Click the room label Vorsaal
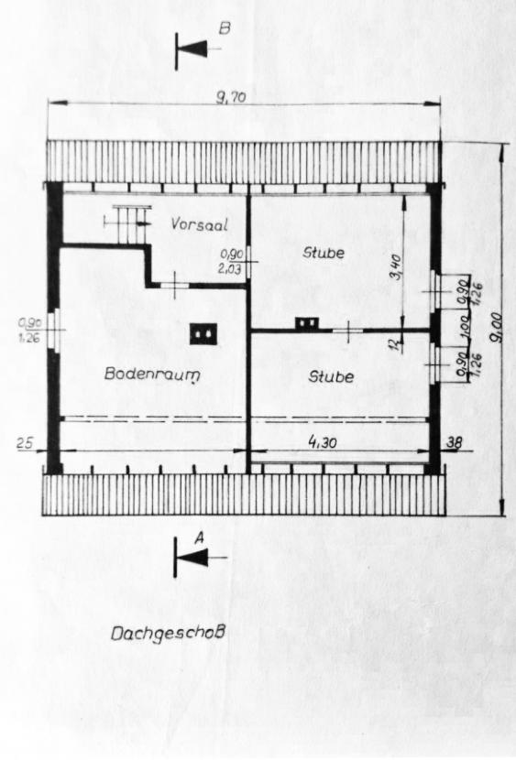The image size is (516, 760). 199,224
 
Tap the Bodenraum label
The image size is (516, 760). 152,375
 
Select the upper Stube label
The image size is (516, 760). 324,253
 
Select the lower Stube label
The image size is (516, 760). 331,376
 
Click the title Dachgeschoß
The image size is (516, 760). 168,634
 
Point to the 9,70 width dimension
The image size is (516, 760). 231,98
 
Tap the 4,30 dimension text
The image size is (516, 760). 323,441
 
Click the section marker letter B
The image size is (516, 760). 224,29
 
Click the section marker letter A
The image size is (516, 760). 198,538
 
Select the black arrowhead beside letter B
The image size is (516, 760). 193,49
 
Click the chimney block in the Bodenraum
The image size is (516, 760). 203,334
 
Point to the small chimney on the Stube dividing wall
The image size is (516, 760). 307,323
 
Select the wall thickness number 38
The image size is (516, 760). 455,441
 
